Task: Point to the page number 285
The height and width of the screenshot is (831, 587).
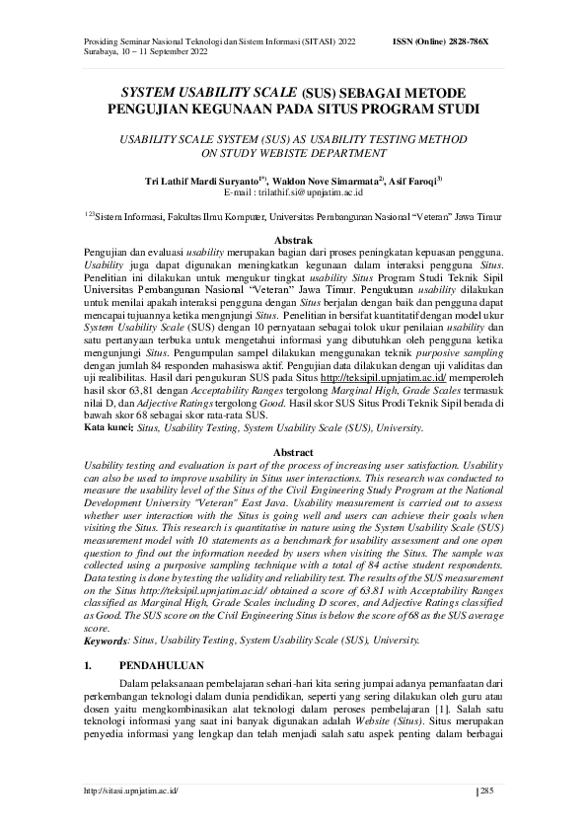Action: click(486, 792)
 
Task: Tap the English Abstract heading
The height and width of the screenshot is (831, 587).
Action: click(293, 449)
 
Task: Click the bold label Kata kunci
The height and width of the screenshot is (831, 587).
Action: click(108, 428)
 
